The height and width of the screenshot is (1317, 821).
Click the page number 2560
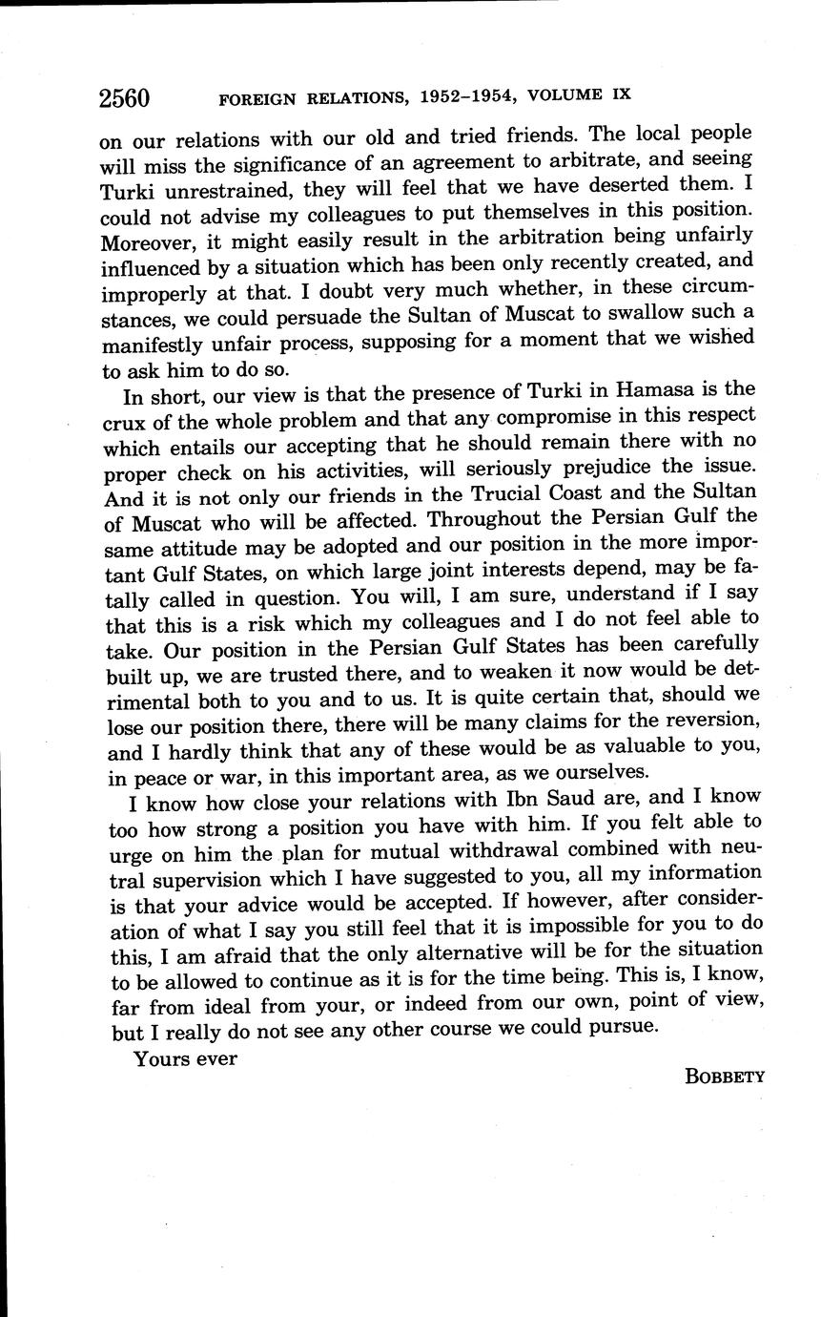[x=124, y=98]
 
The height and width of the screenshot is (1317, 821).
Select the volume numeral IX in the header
[x=617, y=94]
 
